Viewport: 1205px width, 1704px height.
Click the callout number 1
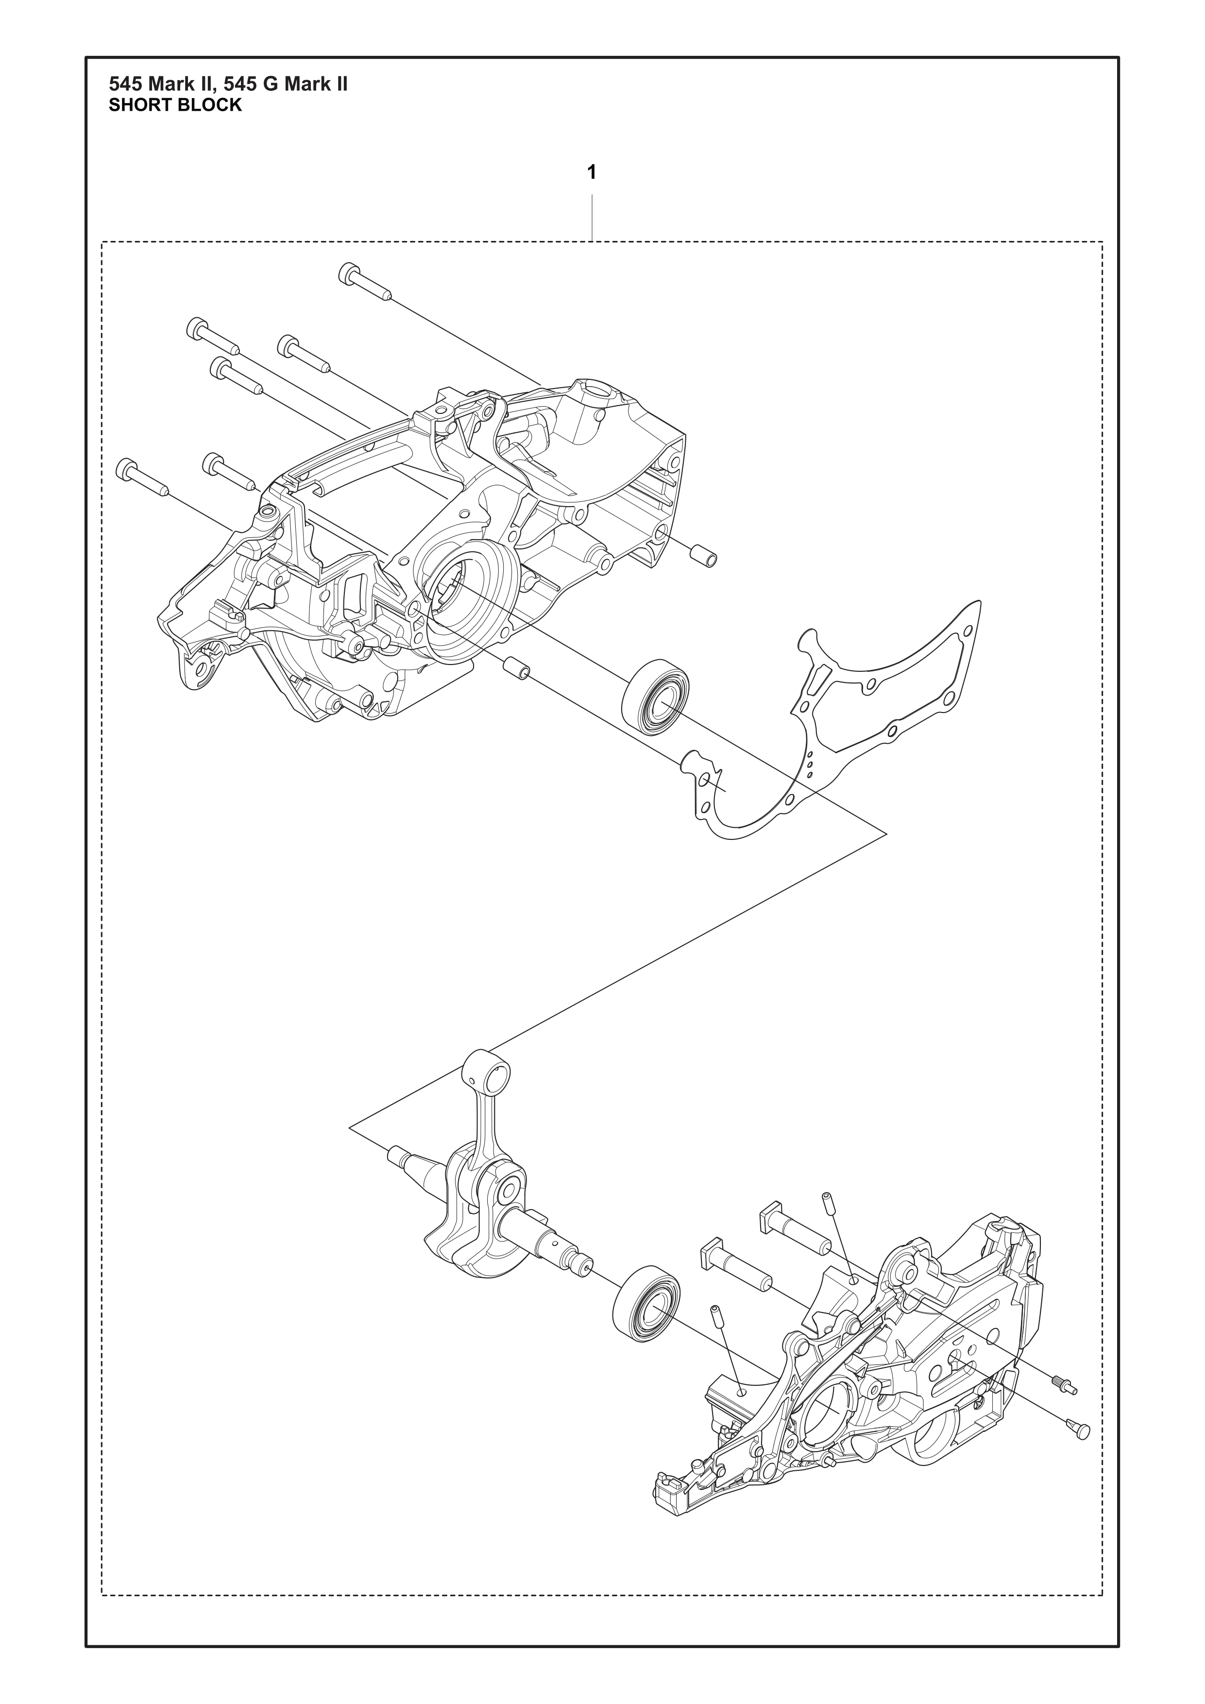pos(592,173)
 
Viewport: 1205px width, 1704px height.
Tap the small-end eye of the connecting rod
pos(487,1072)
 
